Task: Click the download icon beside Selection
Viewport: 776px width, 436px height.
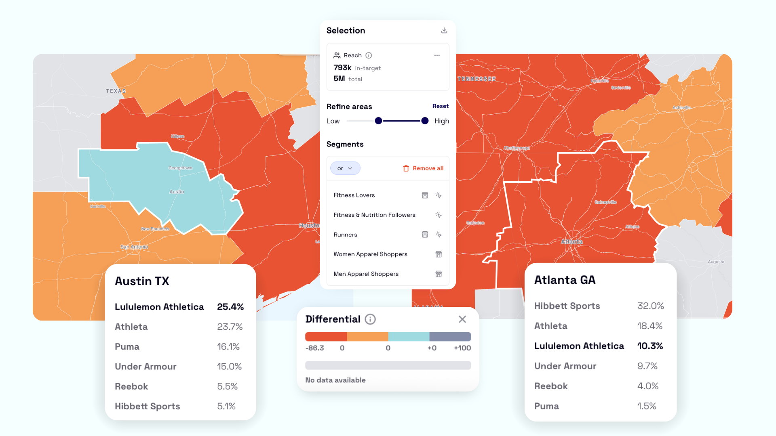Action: [x=444, y=31]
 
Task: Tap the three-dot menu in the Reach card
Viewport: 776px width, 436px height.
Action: [x=437, y=55]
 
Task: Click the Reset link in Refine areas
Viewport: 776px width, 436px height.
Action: [x=440, y=106]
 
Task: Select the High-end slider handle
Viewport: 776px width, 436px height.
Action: [x=425, y=121]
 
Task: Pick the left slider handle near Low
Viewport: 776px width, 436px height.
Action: [x=378, y=121]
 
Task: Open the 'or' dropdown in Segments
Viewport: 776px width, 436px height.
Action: [x=345, y=168]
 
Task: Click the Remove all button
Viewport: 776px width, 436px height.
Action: [x=423, y=168]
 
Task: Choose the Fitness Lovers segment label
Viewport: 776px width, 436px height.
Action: [x=354, y=195]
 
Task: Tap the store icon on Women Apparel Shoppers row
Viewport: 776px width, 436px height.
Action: [x=439, y=254]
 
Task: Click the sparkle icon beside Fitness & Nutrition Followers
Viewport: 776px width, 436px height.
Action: [x=439, y=215]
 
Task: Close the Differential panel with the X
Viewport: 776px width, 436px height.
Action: [x=462, y=319]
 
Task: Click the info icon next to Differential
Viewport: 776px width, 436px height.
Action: [x=370, y=319]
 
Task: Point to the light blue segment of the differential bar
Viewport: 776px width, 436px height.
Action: [x=409, y=337]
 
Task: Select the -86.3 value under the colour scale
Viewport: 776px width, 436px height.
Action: [x=314, y=348]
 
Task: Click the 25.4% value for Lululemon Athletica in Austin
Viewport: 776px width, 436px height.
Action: [x=230, y=307]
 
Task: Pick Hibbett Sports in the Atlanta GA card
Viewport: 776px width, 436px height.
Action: [x=567, y=306]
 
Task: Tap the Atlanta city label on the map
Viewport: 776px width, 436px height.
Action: [x=571, y=242]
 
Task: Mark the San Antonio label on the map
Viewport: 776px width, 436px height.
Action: [x=134, y=247]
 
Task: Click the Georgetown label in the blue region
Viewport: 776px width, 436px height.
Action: [x=180, y=168]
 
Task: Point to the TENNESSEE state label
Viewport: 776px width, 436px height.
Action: [x=477, y=79]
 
